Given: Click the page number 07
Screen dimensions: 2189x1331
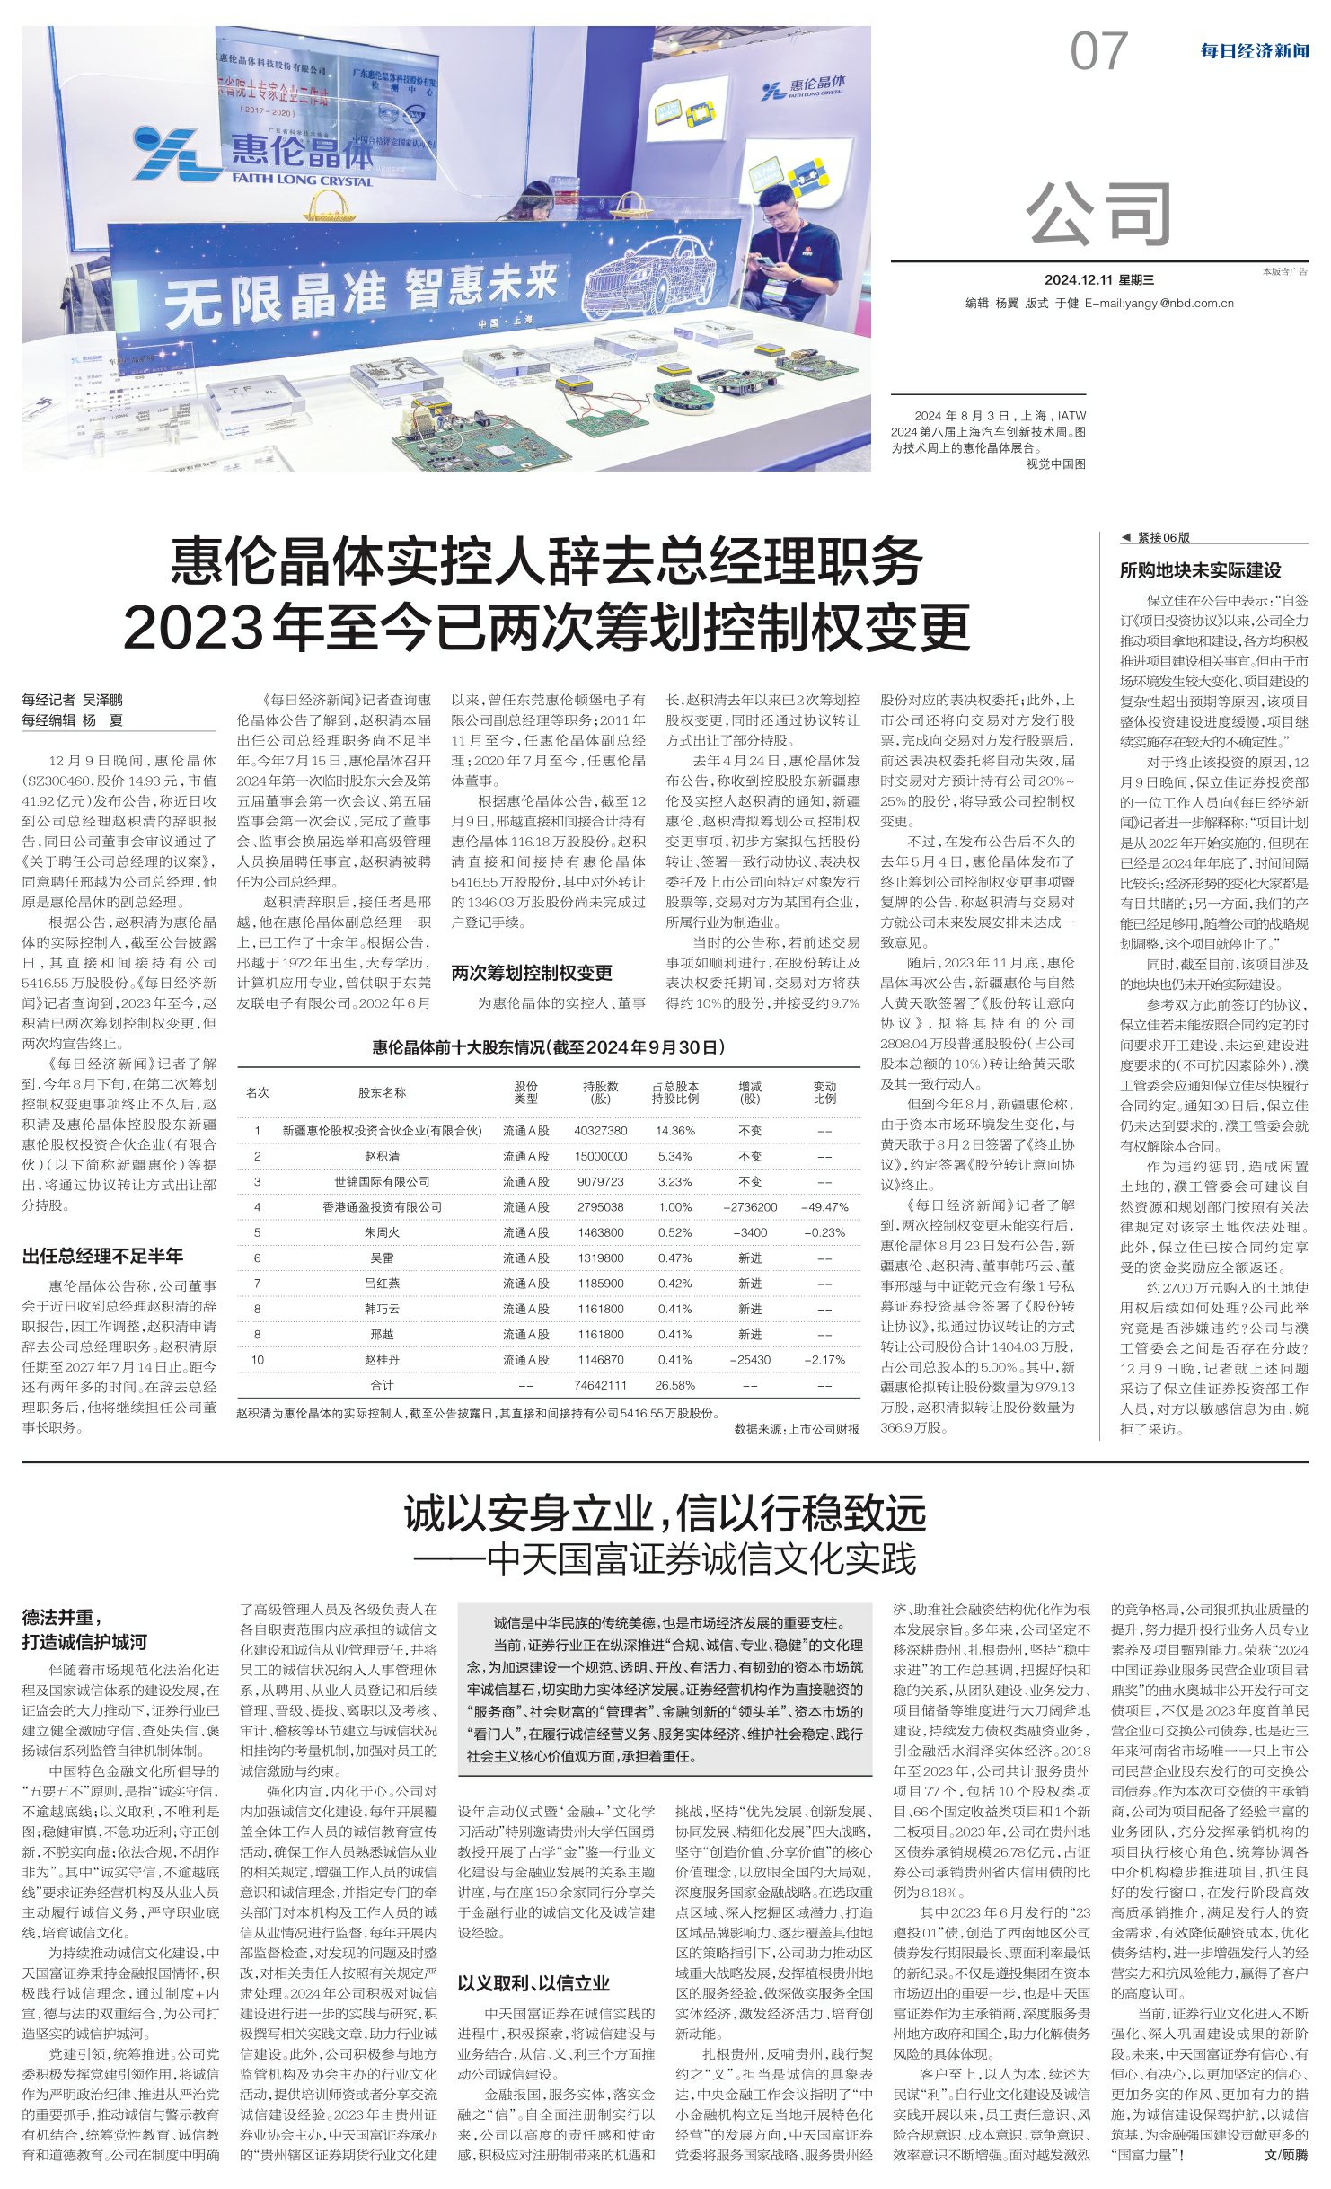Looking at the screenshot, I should pos(1097,51).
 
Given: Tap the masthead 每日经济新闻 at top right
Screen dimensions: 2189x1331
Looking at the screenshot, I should pos(1254,51).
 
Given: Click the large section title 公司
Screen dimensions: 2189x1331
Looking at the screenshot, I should pos(1099,213).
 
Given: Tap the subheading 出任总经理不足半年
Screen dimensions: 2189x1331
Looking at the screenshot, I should pos(102,1256).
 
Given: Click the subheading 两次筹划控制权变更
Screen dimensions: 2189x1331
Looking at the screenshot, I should pos(532,973).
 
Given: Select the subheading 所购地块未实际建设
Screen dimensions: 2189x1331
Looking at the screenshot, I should pos(1200,570).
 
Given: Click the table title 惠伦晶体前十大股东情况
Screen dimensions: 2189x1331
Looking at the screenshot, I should pos(548,1047).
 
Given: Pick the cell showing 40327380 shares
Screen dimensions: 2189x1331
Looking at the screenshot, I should pos(601,1131).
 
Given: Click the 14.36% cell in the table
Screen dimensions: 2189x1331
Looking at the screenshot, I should pos(674,1131).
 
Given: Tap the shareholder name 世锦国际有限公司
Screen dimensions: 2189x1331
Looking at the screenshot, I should pos(382,1182).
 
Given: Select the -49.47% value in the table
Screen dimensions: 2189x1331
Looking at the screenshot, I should pos(824,1207).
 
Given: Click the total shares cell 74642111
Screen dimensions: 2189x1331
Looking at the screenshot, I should pos(601,1385).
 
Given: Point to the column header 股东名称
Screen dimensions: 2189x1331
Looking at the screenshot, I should pos(382,1093).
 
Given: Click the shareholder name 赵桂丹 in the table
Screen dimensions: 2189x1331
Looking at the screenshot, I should pos(382,1360).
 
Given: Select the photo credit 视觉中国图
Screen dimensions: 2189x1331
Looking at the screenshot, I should pos(1055,463).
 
